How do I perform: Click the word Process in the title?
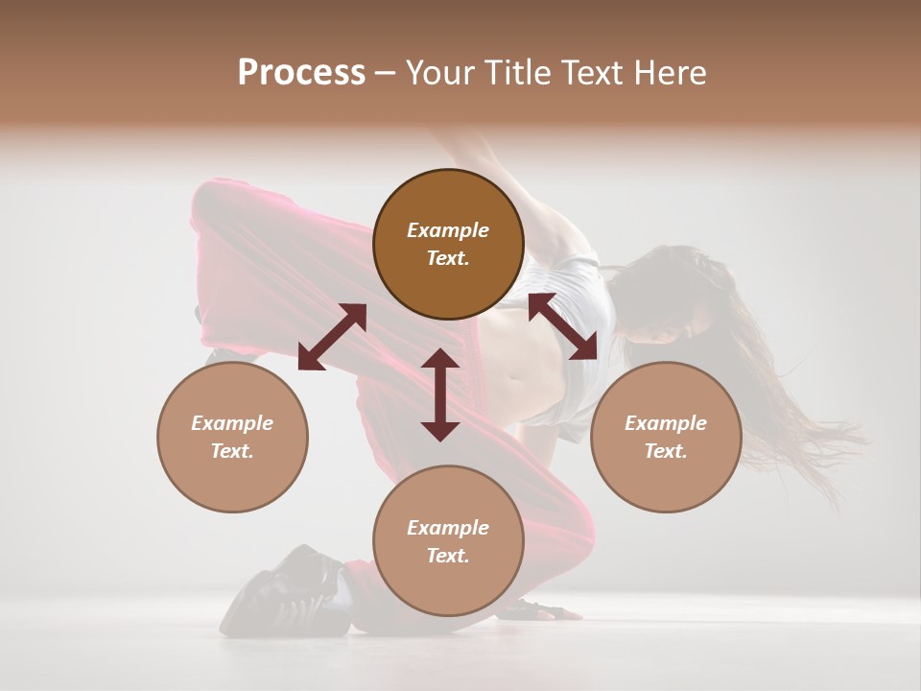pyautogui.click(x=301, y=73)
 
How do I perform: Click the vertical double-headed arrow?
pyautogui.click(x=440, y=394)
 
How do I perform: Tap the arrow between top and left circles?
pyautogui.click(x=332, y=336)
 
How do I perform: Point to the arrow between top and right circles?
pyautogui.click(x=562, y=327)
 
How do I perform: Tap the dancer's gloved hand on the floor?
pyautogui.click(x=537, y=608)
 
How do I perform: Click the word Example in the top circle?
pyautogui.click(x=448, y=230)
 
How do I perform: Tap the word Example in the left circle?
pyautogui.click(x=232, y=423)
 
